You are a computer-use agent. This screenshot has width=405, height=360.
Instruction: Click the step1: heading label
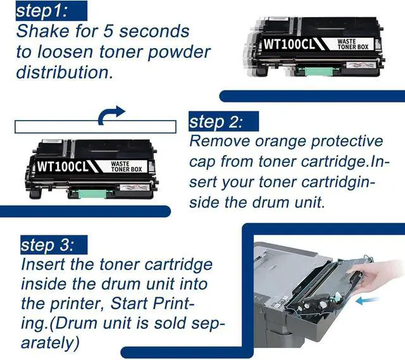[x=42, y=11]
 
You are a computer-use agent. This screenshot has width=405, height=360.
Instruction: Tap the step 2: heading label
[x=216, y=122]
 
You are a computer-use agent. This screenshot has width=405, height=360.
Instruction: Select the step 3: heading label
[x=47, y=245]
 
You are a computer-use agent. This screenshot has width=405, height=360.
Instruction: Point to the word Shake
[x=43, y=31]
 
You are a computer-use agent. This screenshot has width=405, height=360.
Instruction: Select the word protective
[x=347, y=142]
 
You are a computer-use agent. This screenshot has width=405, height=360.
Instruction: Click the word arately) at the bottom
[x=50, y=343]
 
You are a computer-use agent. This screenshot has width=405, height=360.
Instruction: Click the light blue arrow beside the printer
[x=367, y=300]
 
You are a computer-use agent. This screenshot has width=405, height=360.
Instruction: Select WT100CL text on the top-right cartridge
[x=290, y=44]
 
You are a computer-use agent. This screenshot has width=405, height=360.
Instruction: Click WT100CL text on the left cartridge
[x=63, y=166]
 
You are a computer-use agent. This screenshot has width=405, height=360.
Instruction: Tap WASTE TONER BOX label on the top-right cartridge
[x=353, y=44]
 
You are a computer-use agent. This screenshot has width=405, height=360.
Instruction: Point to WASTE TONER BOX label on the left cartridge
[x=127, y=166]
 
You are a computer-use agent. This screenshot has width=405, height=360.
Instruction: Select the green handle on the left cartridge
[x=92, y=194]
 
